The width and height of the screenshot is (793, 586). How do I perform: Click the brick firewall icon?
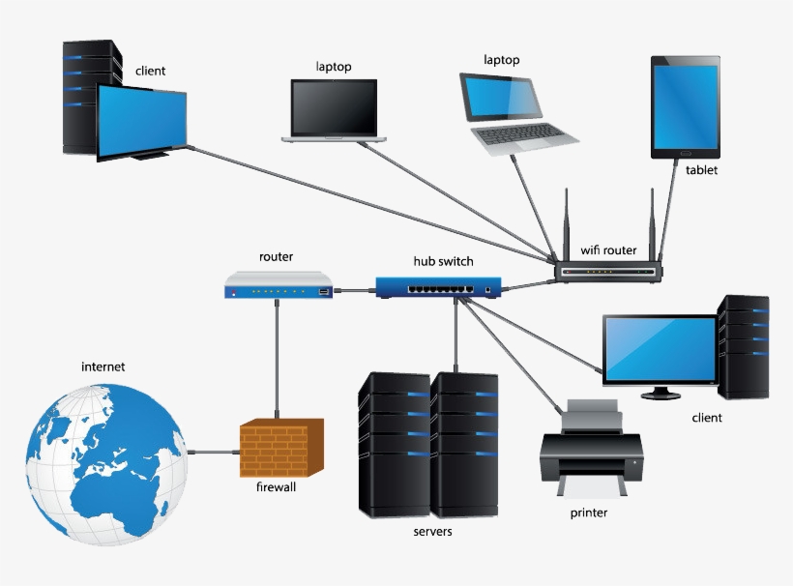point(281,449)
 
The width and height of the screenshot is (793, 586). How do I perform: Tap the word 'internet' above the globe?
point(103,366)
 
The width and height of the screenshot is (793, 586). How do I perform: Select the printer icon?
point(591,447)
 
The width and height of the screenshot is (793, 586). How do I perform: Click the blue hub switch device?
point(440,286)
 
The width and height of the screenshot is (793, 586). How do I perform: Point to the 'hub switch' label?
point(443,261)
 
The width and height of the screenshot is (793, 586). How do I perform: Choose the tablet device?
point(685,106)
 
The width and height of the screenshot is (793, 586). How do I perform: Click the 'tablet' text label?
point(702,170)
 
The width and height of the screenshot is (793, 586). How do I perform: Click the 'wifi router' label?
point(608,250)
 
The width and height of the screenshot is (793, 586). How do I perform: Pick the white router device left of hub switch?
point(279,286)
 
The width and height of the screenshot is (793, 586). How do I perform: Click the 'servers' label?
point(431,531)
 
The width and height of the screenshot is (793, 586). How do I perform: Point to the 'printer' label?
point(588,513)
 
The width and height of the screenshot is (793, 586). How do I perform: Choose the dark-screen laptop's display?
point(334,107)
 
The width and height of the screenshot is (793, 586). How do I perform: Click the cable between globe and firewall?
point(214,452)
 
